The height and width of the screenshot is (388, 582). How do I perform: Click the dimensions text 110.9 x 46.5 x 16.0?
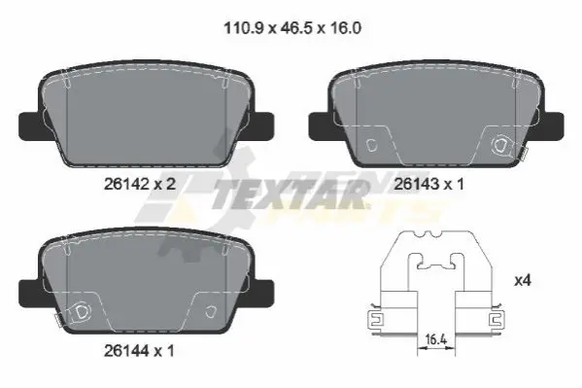(x=292, y=28)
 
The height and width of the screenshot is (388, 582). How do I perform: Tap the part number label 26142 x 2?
(x=140, y=184)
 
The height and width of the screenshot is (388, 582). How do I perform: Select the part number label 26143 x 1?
(x=429, y=184)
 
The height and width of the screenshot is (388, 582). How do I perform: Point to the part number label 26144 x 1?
(x=139, y=350)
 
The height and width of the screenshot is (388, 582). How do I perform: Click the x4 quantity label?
(x=523, y=281)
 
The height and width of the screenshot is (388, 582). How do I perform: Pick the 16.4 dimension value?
(x=435, y=338)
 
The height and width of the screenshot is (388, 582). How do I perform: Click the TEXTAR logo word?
(x=290, y=194)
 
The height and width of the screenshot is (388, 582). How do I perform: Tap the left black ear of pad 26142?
(x=31, y=126)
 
